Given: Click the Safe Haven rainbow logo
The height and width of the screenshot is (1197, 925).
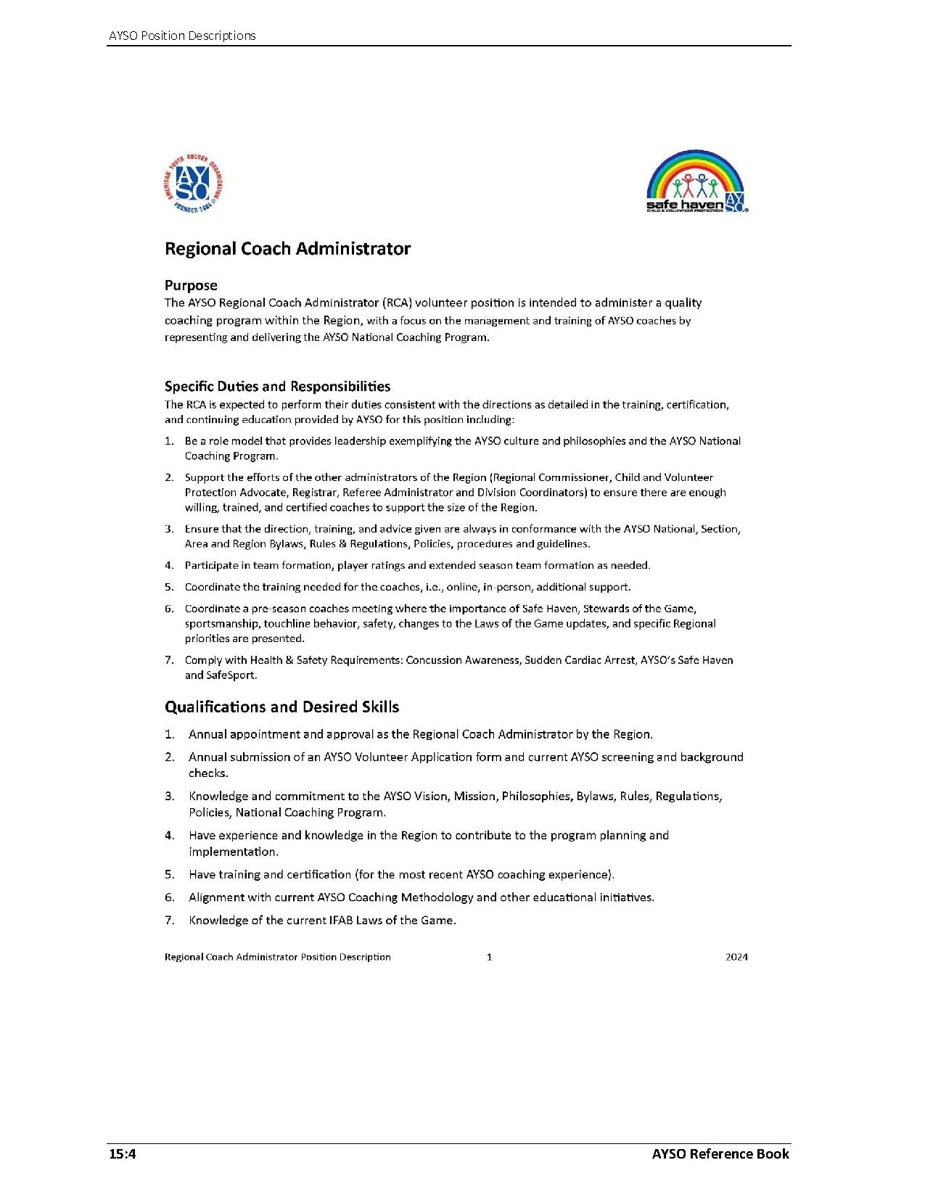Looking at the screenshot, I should coord(696,181).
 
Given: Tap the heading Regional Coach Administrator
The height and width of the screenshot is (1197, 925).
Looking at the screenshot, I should coord(287,249).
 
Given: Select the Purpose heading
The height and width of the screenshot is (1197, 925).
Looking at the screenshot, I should coord(191,285).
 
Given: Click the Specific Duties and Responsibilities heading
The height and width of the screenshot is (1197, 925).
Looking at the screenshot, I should coord(277,386).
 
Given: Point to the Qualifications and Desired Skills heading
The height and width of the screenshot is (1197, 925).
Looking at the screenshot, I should coord(281,707).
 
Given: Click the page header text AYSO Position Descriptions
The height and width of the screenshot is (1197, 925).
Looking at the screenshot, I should coord(182,36).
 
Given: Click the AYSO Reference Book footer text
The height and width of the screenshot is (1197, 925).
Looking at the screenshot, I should coord(720,1153).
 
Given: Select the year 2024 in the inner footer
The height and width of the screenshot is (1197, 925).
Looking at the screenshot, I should coord(736,957).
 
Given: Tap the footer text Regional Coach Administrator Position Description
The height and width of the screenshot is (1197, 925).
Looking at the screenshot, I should coord(277,957).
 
